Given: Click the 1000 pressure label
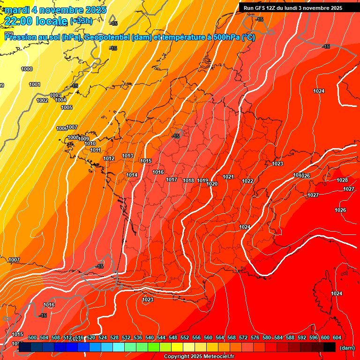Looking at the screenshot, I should (27, 69).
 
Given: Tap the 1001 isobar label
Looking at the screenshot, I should (34, 85).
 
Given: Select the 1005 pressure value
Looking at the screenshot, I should (67, 108).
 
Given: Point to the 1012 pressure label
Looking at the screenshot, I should (109, 159).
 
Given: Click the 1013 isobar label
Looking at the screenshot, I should (127, 156).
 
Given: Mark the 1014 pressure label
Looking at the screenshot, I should (132, 175).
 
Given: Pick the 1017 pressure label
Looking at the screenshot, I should (172, 180).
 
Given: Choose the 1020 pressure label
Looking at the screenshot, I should (212, 184).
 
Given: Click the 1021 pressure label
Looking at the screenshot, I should (228, 177).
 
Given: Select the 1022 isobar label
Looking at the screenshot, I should (247, 181).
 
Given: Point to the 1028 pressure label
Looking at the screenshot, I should (342, 180).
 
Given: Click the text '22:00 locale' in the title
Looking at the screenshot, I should (36, 21).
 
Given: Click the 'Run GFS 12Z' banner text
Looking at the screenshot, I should (259, 8).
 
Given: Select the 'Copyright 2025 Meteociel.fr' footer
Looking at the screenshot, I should (199, 357).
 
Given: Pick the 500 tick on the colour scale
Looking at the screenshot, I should (32, 338).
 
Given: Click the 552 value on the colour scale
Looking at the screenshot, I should (185, 338).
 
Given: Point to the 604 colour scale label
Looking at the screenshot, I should (337, 338).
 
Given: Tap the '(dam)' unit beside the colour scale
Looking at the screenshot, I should (347, 348).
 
